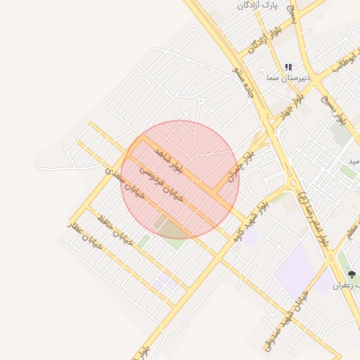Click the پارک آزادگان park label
[x=257, y=5]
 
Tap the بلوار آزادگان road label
[x=268, y=39]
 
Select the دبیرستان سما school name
[x=285, y=79]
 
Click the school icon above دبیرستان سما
[x=288, y=67]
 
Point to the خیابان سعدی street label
[x=124, y=182]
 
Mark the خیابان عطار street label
[x=85, y=235]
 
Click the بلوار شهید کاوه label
[x=247, y=217]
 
